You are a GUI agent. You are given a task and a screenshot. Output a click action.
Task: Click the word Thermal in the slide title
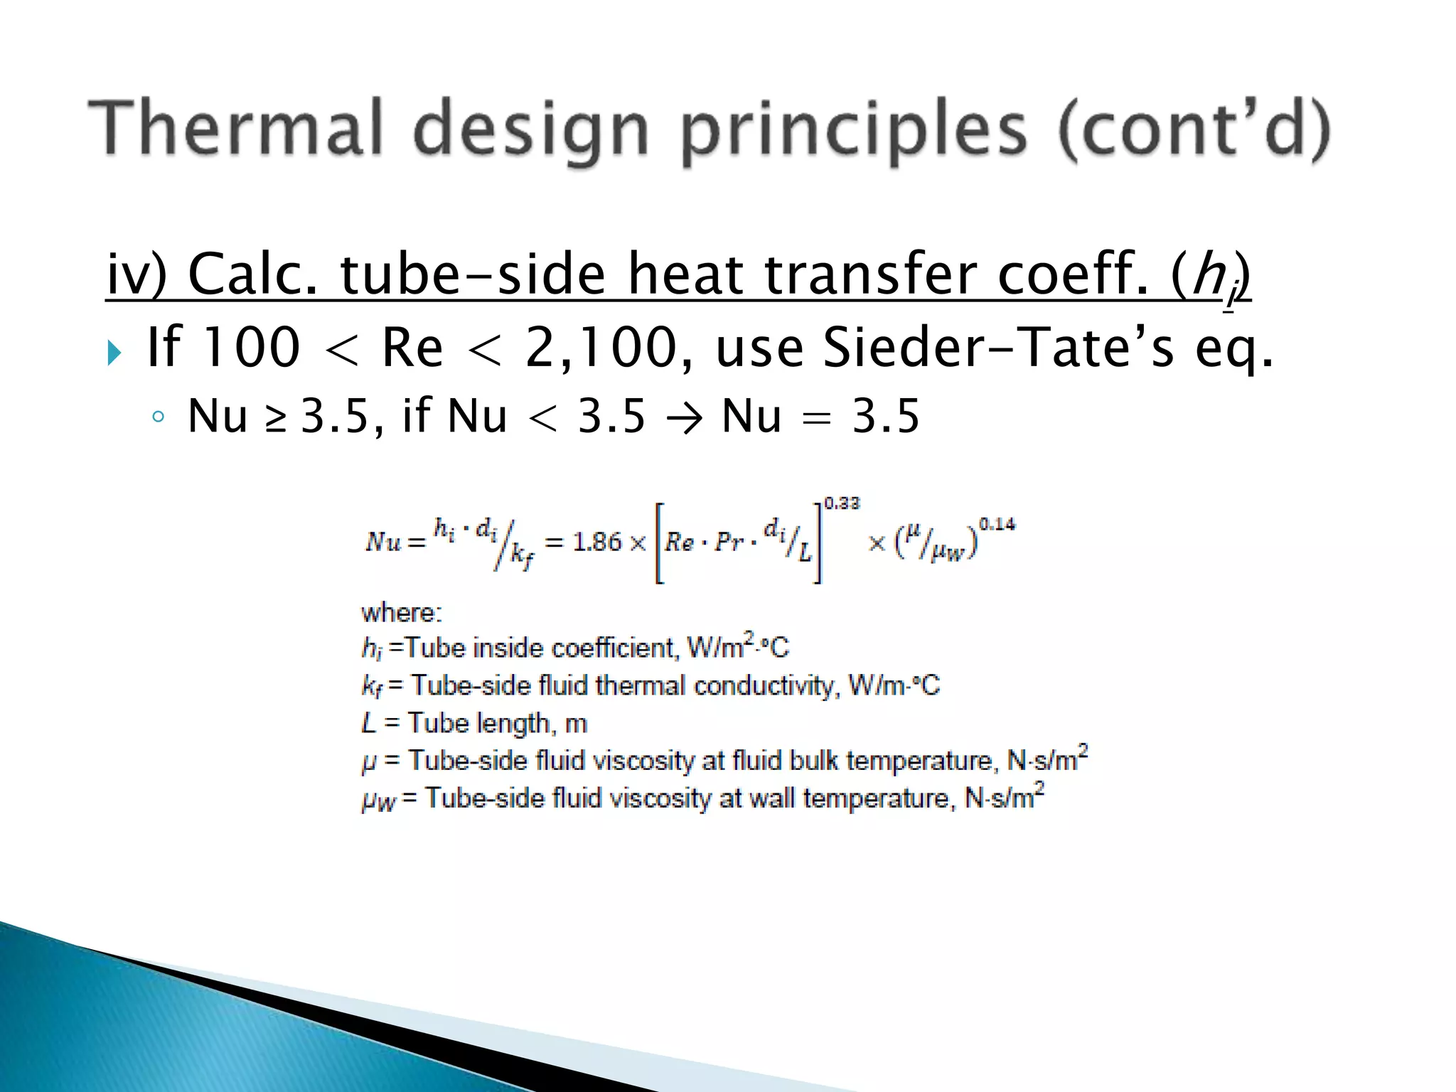point(235,128)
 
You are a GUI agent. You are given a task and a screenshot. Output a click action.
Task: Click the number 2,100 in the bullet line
point(601,348)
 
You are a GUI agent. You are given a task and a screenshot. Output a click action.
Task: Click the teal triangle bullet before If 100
point(114,352)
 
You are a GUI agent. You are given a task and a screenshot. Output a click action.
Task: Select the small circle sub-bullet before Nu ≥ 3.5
point(158,417)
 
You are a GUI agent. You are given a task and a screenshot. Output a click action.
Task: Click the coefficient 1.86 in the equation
point(597,542)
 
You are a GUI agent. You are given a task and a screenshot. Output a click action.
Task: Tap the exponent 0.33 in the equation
point(842,503)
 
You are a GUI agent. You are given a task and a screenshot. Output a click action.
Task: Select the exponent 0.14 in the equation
point(997,525)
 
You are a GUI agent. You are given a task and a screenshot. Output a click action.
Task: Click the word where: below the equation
point(402,612)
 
